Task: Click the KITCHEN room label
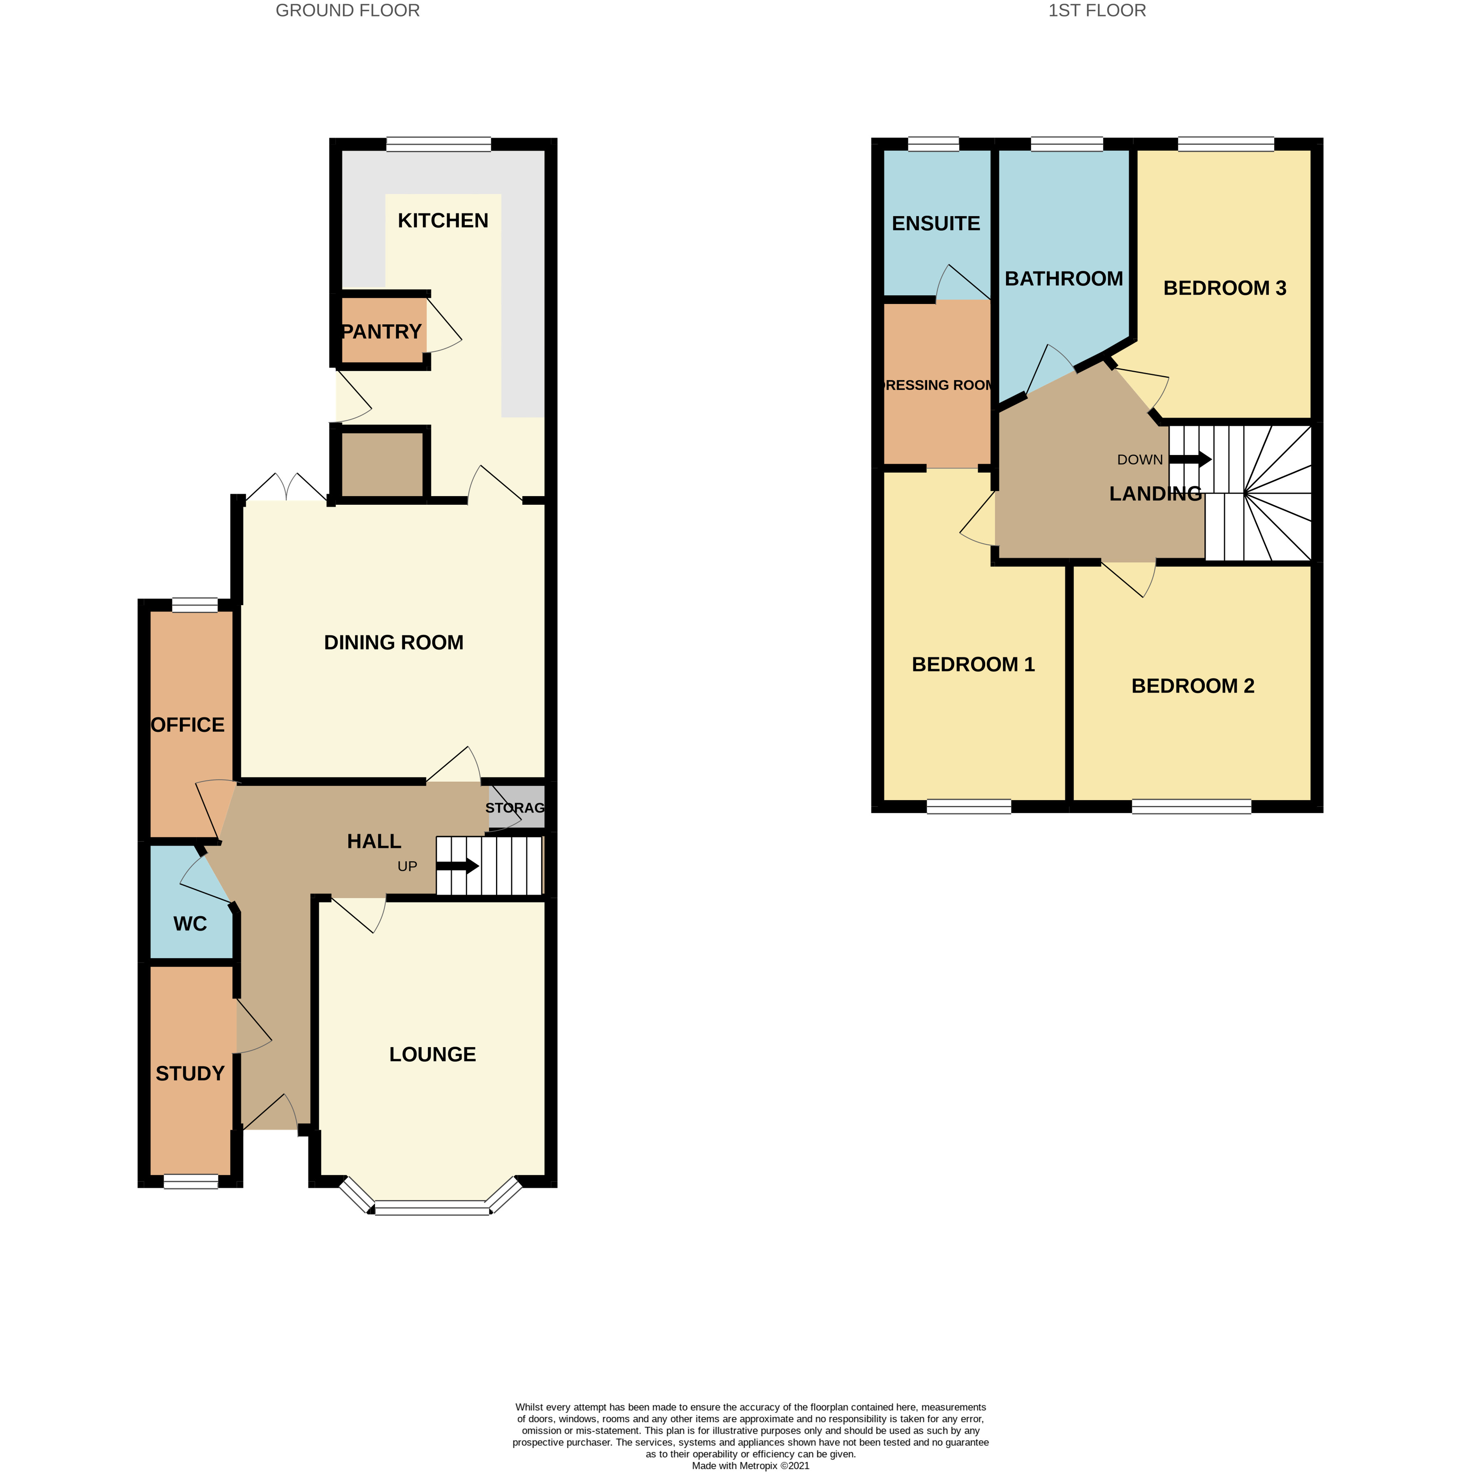[443, 221]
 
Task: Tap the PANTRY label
[381, 332]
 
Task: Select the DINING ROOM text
[393, 642]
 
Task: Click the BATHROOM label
[1063, 279]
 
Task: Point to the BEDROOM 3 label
[1224, 288]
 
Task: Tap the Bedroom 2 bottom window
[1191, 806]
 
